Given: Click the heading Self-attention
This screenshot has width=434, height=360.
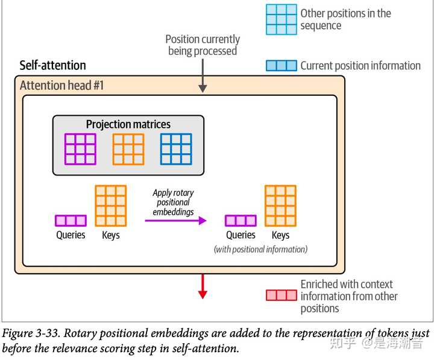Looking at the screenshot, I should point(53,65).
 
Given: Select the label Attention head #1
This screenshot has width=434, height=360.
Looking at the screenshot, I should point(62,85).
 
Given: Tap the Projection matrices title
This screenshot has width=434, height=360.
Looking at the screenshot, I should point(128,125).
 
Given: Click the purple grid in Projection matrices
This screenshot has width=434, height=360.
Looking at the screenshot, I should point(80,149).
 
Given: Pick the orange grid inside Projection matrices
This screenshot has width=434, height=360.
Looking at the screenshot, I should point(128,149).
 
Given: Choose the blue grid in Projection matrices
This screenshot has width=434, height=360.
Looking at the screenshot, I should point(176,149).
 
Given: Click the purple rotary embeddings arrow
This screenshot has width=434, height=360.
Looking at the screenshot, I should point(175,221).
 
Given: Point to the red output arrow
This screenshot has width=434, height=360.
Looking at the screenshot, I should point(203,286).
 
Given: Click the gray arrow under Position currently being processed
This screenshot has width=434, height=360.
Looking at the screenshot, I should point(203,76).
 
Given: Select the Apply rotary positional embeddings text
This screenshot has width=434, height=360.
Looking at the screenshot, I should point(174,203).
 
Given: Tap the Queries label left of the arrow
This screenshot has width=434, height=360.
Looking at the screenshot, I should point(71,235).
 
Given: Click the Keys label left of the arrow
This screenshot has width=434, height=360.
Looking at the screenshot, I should point(111,235).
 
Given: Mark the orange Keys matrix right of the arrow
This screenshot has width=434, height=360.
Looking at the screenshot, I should point(280,205).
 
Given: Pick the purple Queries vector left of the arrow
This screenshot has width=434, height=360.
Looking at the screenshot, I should point(71,221).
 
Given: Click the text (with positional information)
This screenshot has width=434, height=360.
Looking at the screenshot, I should point(260,249).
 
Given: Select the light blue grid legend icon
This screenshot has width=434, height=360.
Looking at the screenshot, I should point(281,19).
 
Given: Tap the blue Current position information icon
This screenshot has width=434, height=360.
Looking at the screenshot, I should point(281,66).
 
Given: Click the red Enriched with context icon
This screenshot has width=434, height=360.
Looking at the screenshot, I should point(281,295).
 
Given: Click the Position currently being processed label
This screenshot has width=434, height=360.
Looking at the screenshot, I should point(203,45).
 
